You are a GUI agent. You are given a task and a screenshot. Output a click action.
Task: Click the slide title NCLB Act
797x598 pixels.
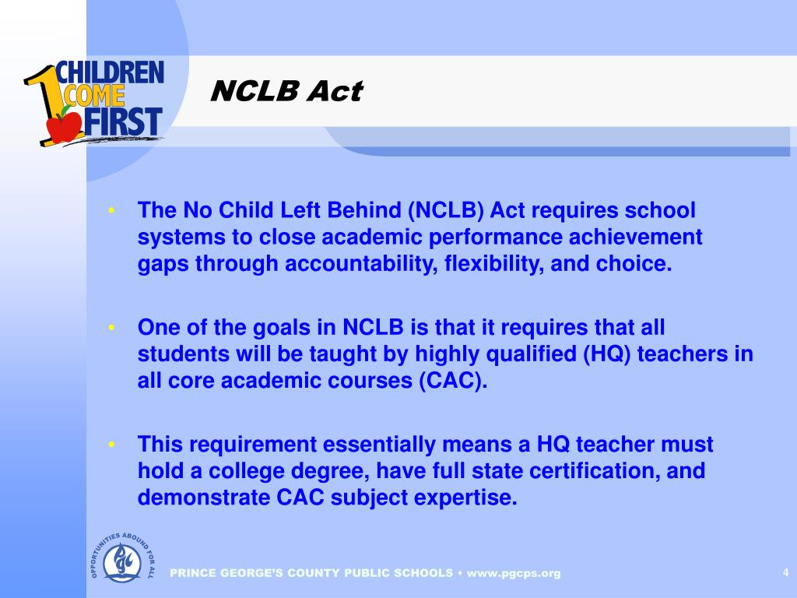pos(286,92)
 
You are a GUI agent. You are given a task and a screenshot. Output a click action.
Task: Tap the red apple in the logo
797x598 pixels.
pos(64,125)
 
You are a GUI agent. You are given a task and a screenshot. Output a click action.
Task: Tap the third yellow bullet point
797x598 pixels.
pos(113,445)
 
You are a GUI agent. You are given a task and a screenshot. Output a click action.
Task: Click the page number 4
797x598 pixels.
pos(785,573)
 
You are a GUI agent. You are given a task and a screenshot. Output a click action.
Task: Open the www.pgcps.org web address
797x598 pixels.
pos(514,573)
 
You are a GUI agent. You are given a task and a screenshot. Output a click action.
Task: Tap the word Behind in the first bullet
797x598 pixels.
pos(362,211)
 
